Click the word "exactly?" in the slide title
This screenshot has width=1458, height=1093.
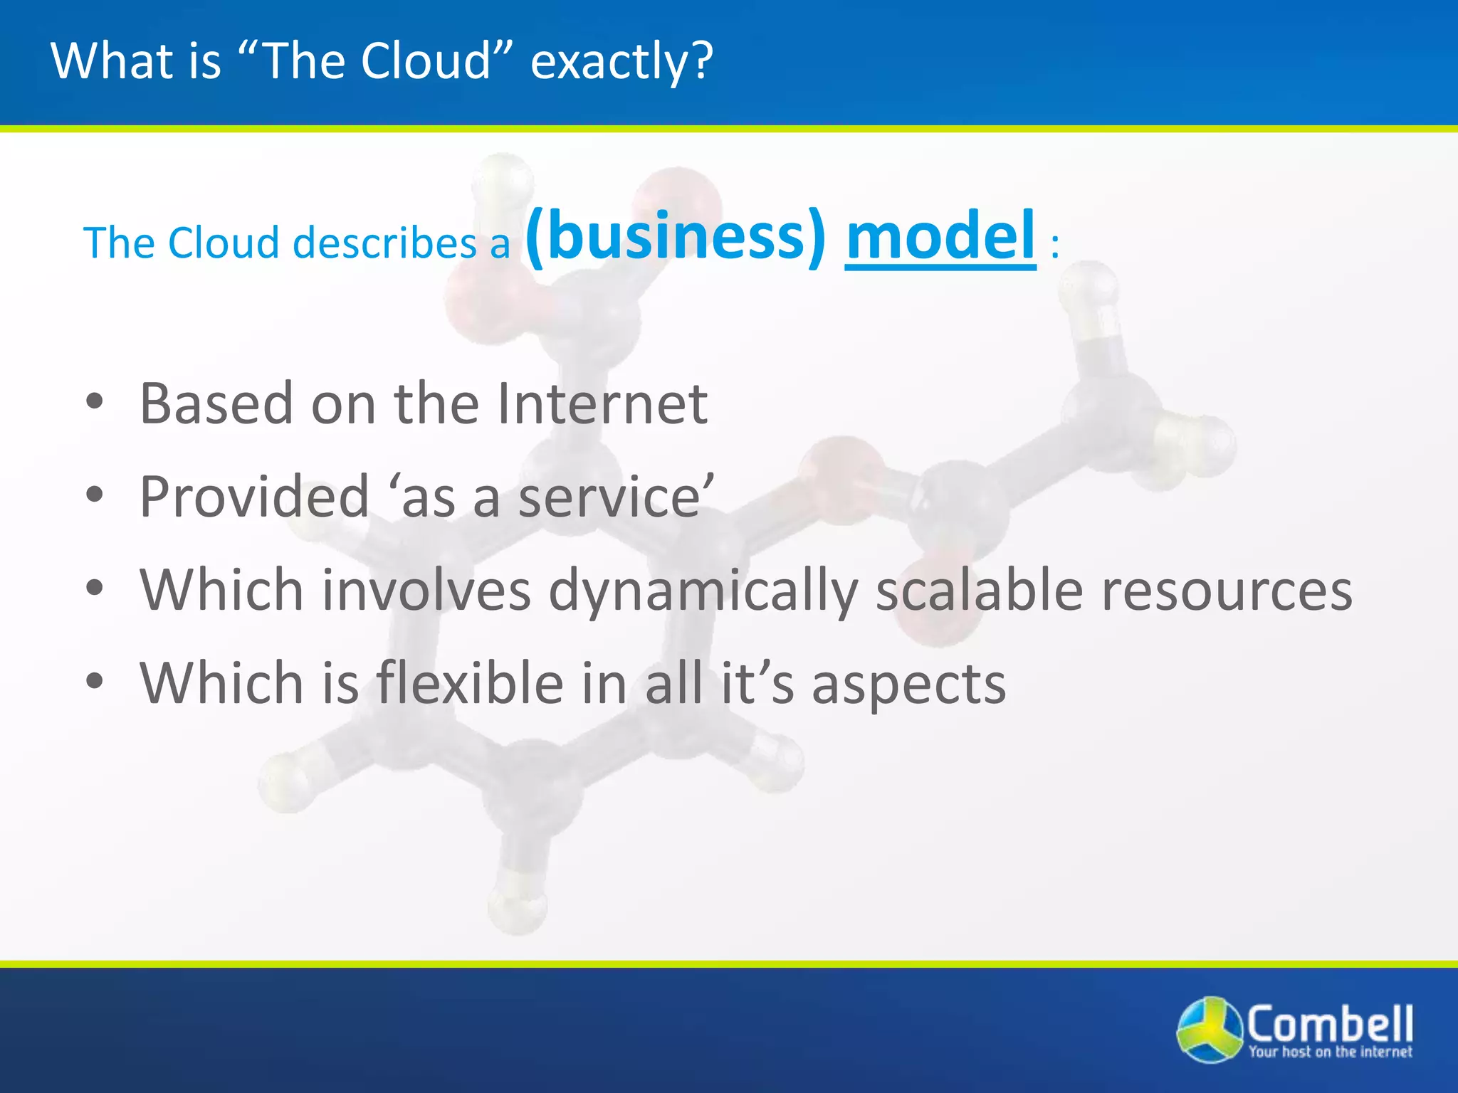pyautogui.click(x=621, y=62)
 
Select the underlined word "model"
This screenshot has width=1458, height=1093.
pyautogui.click(x=940, y=236)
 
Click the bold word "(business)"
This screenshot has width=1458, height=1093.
pyautogui.click(x=676, y=236)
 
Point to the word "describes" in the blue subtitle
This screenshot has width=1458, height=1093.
pyautogui.click(x=384, y=243)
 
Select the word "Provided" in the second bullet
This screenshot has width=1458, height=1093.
pyautogui.click(x=254, y=497)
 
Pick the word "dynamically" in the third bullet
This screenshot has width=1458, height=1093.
pyautogui.click(x=703, y=591)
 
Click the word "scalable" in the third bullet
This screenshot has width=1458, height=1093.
pyautogui.click(x=979, y=591)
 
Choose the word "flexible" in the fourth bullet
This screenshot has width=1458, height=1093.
pyautogui.click(x=470, y=683)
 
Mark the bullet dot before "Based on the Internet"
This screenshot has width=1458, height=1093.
pyautogui.click(x=95, y=402)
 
